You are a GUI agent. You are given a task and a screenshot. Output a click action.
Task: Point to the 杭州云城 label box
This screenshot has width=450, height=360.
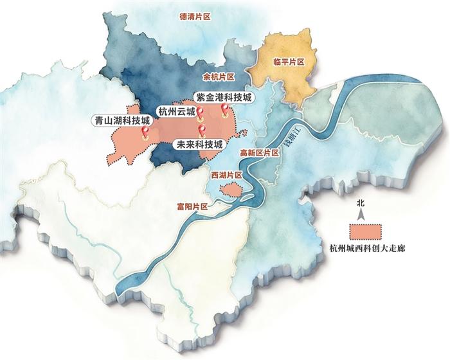(175, 109)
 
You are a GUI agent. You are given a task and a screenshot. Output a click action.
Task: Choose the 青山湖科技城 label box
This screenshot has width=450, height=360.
(122, 120)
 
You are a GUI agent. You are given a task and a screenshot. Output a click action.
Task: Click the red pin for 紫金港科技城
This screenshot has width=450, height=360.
(224, 111)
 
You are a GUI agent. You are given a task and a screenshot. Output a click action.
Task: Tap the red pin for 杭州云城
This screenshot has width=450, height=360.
(199, 115)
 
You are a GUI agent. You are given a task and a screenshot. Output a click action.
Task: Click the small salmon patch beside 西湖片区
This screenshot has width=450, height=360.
(230, 190)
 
